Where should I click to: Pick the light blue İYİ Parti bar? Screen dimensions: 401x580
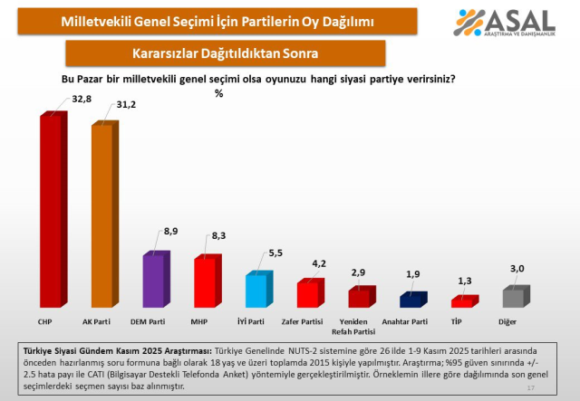point(256,291)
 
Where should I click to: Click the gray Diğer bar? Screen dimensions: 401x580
point(514,298)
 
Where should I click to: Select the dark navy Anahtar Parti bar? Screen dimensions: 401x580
point(411,301)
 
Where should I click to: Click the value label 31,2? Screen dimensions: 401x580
point(128,106)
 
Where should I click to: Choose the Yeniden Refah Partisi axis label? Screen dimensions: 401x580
point(360,326)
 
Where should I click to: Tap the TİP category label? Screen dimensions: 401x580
point(462,321)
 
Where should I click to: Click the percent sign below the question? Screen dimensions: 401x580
point(218,92)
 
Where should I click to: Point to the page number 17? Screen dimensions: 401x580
point(530,387)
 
